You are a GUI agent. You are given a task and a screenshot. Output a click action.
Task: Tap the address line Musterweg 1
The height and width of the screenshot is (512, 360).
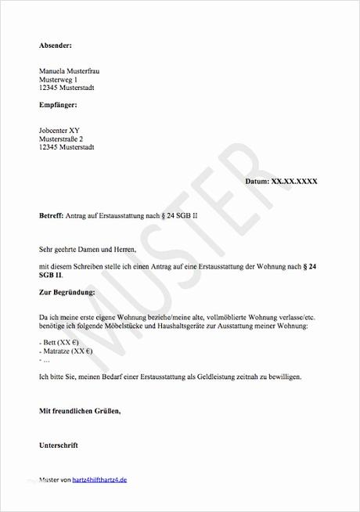58,80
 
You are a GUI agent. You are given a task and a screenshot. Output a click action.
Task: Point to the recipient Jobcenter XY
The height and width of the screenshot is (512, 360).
60,129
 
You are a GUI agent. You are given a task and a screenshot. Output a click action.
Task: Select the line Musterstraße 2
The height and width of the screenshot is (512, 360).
66,138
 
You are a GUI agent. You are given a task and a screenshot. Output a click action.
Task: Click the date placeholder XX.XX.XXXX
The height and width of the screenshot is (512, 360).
293,181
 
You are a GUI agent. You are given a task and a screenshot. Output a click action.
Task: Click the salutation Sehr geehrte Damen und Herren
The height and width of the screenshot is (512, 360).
87,249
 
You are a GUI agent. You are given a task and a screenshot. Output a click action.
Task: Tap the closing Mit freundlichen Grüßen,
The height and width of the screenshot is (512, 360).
81,410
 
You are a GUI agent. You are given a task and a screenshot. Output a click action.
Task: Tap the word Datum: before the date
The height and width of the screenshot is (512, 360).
256,181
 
